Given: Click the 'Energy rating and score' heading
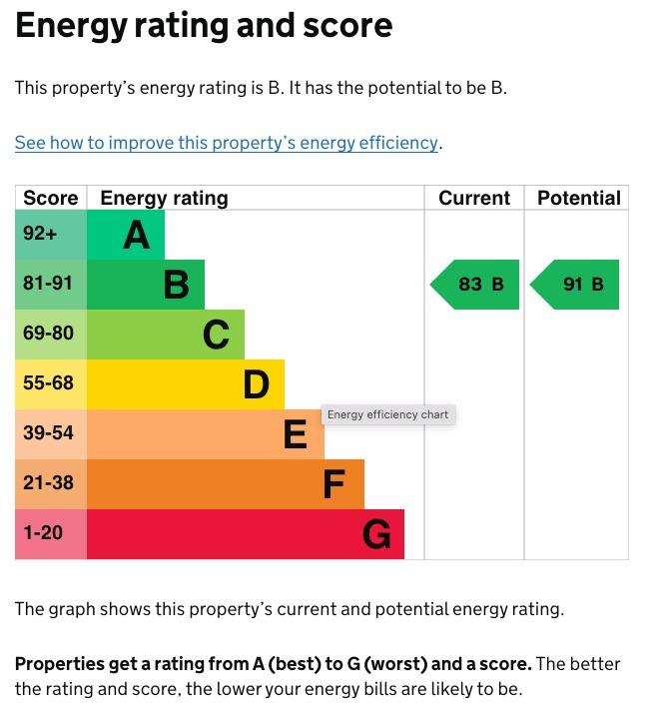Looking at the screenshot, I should pos(204,26).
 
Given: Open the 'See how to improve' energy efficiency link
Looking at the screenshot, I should pos(227,143).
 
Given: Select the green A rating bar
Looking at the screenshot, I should pos(126,235).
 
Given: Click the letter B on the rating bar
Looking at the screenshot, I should pos(177,286).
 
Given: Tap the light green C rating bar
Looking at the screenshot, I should pos(166,335).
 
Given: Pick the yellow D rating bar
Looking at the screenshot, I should pos(186,384).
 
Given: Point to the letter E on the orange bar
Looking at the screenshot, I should pos(295,435).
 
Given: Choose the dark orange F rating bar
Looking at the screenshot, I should pos(226,484).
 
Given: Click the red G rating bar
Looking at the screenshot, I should pos(246,534).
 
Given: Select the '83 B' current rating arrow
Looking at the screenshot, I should pos(476,285).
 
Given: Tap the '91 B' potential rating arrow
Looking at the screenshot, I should pos(576,285).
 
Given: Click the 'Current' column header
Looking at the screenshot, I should pos(474,198).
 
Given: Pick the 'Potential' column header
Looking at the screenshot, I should pos(579,198).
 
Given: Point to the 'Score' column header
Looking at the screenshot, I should pos(50,198).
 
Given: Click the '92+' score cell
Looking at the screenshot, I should pos(40,234).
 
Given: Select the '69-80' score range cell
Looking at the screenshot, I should pos(48,334).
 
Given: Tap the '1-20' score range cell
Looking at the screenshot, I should pos(43,533).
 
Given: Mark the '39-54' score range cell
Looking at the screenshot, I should pos(48,433).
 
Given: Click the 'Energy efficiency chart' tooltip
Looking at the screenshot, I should pos(387,414).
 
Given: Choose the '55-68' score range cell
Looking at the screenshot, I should pos(48,383).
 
